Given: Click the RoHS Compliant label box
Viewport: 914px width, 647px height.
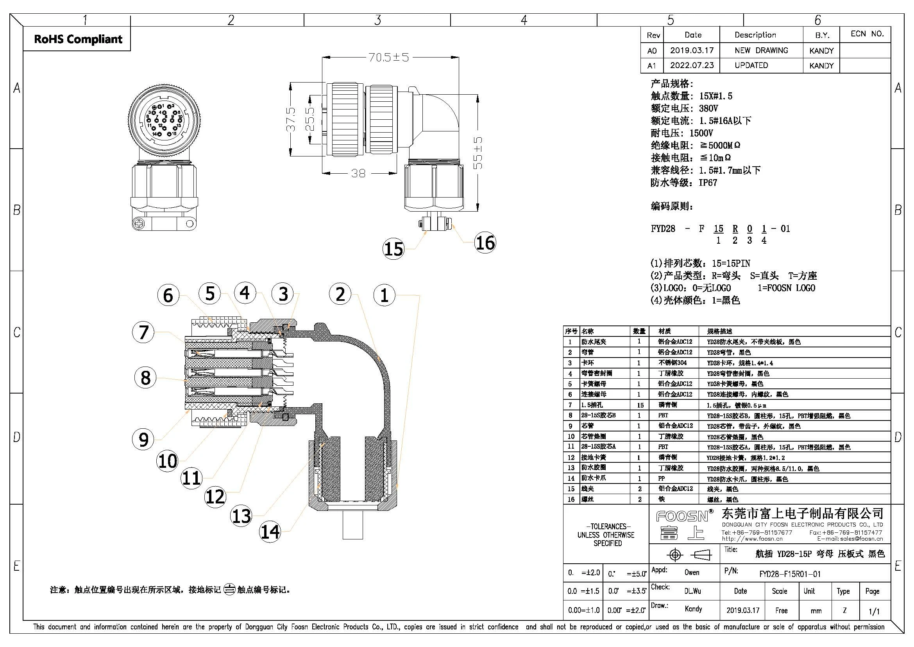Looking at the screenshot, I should click(78, 39).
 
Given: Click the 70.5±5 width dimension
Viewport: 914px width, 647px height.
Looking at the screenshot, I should click(388, 58).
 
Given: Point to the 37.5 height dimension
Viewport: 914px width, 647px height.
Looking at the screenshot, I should click(291, 119).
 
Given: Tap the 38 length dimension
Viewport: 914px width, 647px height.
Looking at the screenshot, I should click(358, 173).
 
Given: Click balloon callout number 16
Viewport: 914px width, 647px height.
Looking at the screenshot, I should click(485, 243).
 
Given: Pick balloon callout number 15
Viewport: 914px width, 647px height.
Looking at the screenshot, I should click(394, 249).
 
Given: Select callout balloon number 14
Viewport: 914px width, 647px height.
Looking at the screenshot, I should click(270, 532).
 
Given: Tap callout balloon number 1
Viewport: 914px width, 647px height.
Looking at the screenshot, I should click(384, 295).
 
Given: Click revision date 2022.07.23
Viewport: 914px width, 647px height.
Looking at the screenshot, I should click(692, 65).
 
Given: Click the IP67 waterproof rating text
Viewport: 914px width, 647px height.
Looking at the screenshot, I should click(708, 183).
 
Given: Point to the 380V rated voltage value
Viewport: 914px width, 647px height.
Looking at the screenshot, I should click(708, 108).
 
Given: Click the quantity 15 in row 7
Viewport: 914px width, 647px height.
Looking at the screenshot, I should click(640, 405).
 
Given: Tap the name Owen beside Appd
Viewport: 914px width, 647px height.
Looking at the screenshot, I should click(692, 573).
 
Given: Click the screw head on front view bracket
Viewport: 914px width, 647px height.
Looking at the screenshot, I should click(140, 223).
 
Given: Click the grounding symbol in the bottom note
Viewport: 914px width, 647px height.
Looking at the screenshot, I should click(229, 589).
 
